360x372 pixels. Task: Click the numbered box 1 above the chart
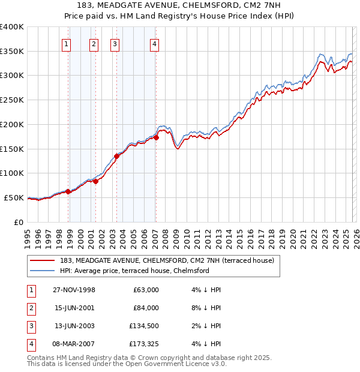[x=66, y=43]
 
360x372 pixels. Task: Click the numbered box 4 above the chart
[x=154, y=43]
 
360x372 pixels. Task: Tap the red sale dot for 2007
[x=156, y=137]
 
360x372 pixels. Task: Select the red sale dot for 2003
[x=116, y=157]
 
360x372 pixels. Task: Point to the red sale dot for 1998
[x=68, y=191]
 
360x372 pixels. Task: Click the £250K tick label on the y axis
[x=12, y=100]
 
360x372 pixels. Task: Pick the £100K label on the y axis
[x=12, y=173]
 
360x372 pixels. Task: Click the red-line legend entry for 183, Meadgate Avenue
[x=167, y=260]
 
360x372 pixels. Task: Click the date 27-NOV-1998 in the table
[x=74, y=290]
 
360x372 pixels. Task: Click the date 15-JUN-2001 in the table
[x=74, y=308]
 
